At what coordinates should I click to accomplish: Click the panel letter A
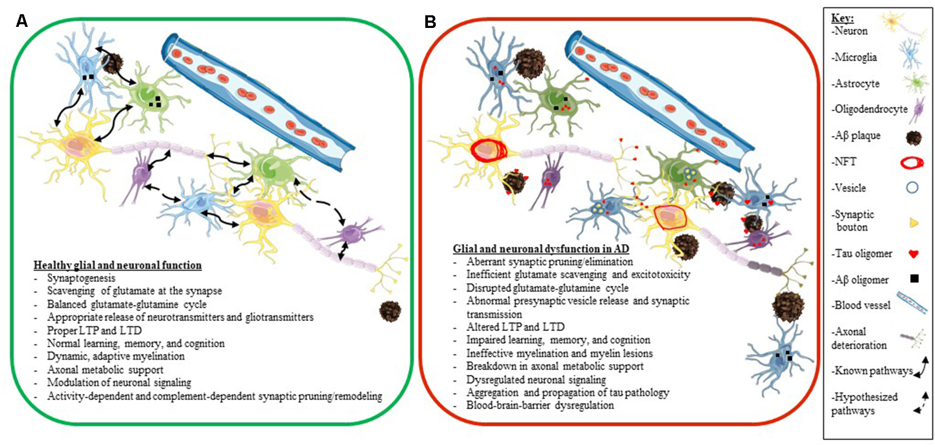22,21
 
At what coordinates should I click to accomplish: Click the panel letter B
431,22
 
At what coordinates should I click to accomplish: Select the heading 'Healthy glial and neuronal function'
117,265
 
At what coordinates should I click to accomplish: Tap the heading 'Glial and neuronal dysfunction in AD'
541,249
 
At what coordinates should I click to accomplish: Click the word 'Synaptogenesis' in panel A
81,278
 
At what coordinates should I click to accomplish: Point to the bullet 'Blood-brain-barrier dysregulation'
540,405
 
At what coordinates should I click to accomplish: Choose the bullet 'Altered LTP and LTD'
515,327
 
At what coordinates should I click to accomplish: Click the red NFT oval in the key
912,162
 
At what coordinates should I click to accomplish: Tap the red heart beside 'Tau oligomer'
914,254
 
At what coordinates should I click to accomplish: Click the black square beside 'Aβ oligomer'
914,279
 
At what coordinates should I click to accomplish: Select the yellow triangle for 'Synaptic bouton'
914,223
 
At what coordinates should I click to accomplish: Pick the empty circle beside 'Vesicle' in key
912,188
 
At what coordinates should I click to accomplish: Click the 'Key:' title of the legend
842,18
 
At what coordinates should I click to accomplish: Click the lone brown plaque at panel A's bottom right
390,311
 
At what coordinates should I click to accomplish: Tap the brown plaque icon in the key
913,138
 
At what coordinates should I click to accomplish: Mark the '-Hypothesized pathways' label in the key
864,404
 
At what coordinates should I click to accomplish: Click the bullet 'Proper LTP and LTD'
94,331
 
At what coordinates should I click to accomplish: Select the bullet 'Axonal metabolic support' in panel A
105,370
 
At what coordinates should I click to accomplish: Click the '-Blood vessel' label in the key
862,305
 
